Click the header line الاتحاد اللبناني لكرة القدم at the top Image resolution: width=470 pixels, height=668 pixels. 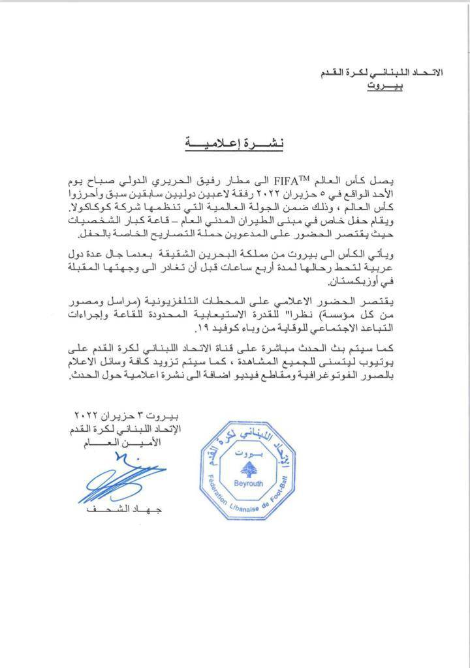click(x=386, y=73)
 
